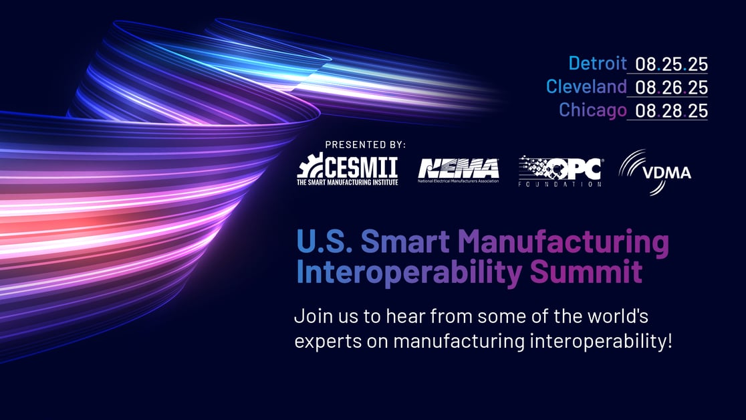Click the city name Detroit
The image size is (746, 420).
(x=598, y=64)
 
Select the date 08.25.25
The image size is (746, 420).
(x=671, y=64)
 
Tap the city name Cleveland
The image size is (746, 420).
(x=586, y=86)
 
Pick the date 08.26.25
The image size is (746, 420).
(x=671, y=87)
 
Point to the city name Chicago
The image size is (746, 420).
(x=593, y=110)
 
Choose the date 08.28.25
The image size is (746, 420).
(x=671, y=110)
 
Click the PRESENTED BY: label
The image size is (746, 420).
(x=365, y=144)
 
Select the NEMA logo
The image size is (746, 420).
(x=459, y=169)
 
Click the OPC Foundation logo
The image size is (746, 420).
(x=560, y=171)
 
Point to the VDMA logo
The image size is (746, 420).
(x=655, y=172)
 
